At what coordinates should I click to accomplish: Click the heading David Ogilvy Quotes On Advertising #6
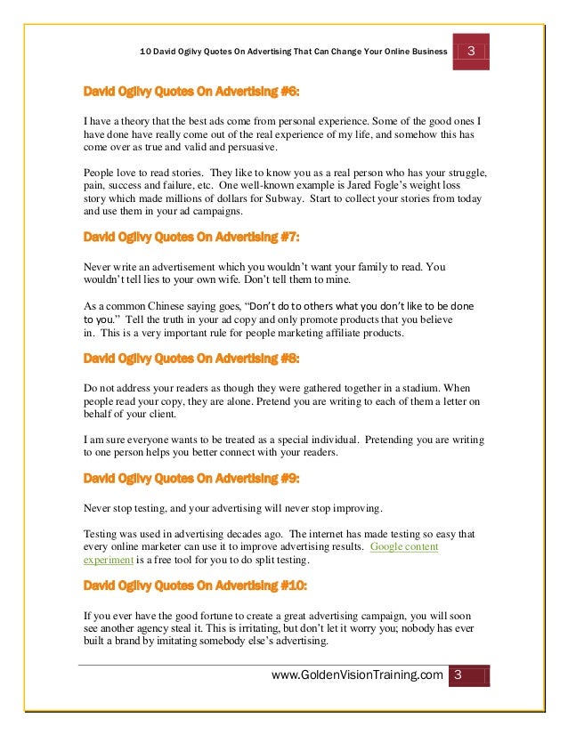point(191,91)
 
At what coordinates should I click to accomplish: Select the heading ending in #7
point(191,238)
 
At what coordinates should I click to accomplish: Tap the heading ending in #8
point(191,359)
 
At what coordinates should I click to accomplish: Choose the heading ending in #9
point(191,479)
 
